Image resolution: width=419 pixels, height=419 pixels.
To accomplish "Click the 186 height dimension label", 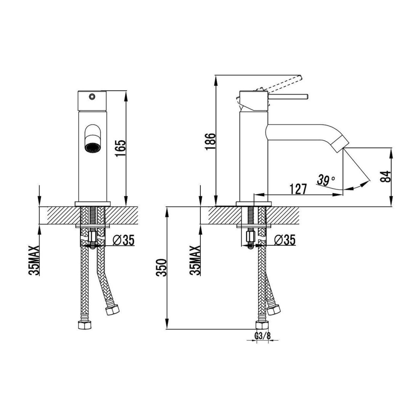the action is click(210, 142).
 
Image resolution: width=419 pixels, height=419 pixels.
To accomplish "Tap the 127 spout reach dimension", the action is click(298, 189).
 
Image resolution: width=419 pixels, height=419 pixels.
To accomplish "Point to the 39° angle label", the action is click(326, 180).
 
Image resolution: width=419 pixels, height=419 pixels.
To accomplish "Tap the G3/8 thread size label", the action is click(262, 336).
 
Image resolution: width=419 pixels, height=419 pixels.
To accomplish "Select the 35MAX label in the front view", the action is click(34, 260).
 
